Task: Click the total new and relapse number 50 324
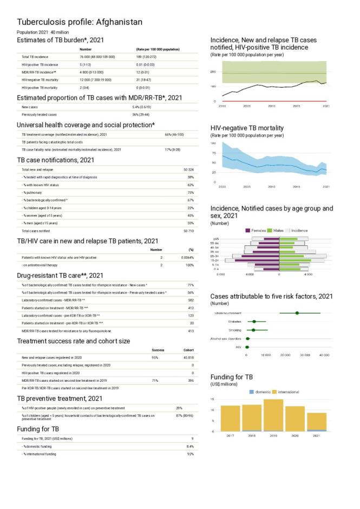(x=188, y=169)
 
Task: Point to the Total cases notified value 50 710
(x=188, y=230)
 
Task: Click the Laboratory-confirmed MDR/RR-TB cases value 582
(x=191, y=299)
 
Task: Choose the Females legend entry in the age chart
(x=261, y=230)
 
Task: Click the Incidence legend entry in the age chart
(x=299, y=230)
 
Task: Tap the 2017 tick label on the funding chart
(x=231, y=435)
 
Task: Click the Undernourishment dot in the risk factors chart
(x=297, y=313)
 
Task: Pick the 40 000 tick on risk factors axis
(x=324, y=355)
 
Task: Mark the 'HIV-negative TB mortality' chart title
(x=255, y=128)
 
